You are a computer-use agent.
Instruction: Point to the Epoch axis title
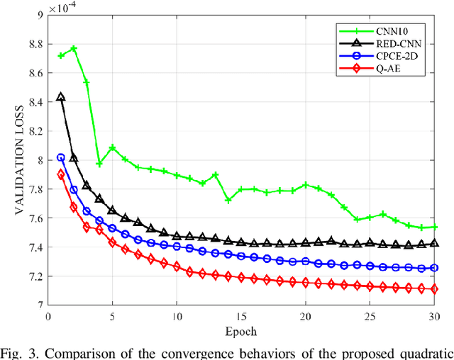click(x=240, y=331)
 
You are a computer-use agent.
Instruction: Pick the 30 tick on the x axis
click(x=434, y=316)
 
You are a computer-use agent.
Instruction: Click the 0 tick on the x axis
click(x=48, y=316)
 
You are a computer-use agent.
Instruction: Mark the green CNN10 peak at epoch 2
click(x=74, y=48)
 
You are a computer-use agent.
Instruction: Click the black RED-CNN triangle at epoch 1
click(x=61, y=98)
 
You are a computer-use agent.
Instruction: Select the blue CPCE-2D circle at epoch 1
click(x=61, y=157)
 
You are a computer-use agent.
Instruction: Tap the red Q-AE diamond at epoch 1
click(x=61, y=174)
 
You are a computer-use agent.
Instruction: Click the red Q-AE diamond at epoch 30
click(x=434, y=289)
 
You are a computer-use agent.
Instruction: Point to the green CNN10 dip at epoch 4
click(x=99, y=164)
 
